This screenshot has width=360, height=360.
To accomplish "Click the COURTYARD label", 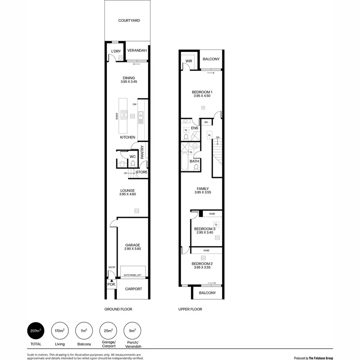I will (129, 20).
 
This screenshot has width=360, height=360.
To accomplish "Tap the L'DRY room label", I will (116, 51).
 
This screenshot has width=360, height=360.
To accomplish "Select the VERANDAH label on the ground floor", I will (137, 51).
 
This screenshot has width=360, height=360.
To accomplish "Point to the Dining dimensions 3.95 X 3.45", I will (129, 82).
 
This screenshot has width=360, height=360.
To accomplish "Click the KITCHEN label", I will (128, 138).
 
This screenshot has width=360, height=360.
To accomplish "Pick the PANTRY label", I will (142, 152).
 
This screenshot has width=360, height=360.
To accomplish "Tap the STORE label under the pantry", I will (142, 172).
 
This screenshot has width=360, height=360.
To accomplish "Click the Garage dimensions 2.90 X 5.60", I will (132, 249).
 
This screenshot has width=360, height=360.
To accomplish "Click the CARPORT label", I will (134, 289).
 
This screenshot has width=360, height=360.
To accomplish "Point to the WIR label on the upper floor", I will (189, 61).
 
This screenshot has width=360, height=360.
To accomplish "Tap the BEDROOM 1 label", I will (202, 92).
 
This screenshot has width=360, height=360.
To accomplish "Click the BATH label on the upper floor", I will (194, 162).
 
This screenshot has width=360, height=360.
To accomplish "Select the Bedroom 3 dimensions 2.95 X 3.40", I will (204, 232).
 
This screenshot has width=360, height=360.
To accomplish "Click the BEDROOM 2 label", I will (202, 264).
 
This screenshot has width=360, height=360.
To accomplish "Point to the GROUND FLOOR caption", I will (118, 309).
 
